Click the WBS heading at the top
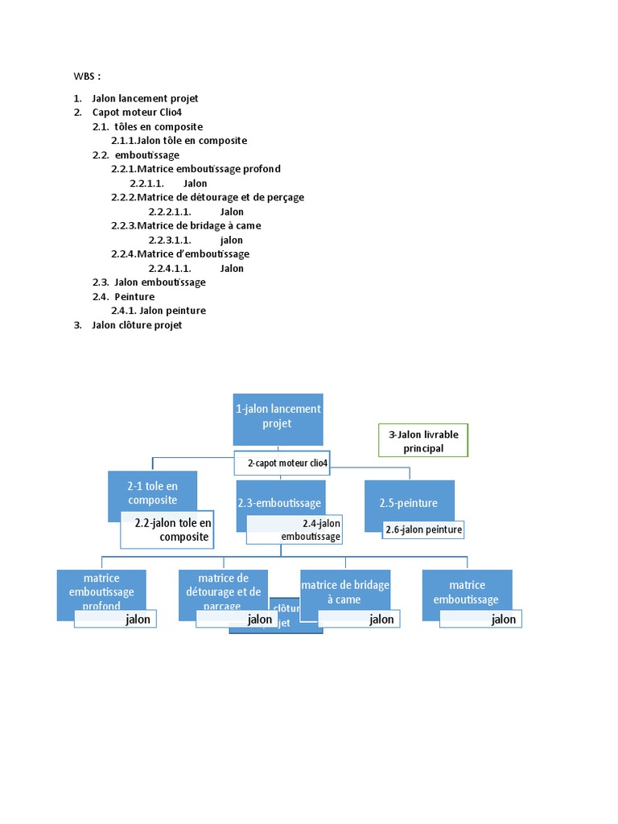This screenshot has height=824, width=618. point(88,76)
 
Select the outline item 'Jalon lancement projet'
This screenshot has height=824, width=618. point(145,98)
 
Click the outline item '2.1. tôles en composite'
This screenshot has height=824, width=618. point(148,126)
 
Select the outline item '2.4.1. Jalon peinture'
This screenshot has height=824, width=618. point(159,311)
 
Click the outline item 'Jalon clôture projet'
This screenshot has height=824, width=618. point(137,325)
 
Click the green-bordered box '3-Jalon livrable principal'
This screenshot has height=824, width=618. point(423,441)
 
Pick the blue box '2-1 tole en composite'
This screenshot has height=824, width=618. point(152,492)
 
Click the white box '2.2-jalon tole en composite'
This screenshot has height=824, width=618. point(167,529)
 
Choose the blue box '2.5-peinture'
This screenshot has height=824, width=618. point(409,502)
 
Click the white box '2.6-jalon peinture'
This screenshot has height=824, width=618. point(422,529)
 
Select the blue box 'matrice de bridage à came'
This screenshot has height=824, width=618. point(345,591)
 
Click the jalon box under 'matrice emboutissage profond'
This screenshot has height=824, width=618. point(115,619)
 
